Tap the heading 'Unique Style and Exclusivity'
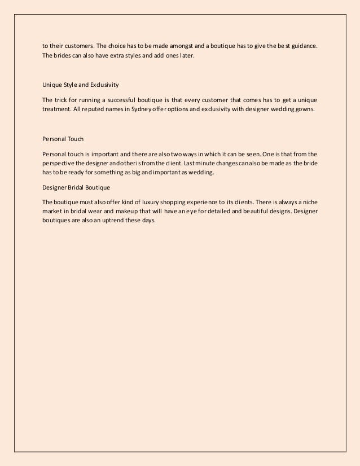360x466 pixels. pyautogui.click(x=81, y=85)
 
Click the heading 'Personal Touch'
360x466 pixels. pyautogui.click(x=62, y=138)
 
